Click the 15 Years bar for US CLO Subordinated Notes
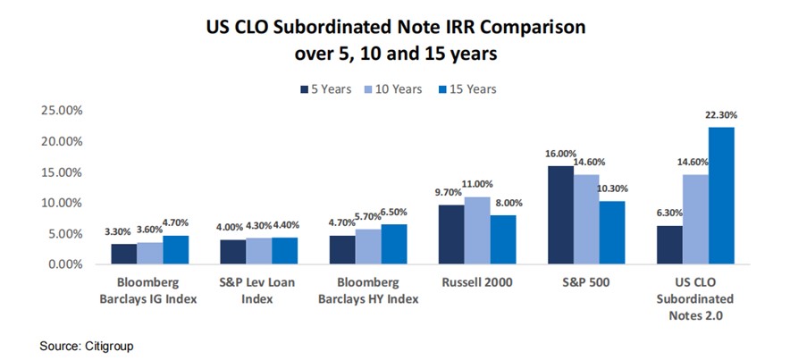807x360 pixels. coord(721,196)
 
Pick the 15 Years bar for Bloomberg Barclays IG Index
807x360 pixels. coord(175,250)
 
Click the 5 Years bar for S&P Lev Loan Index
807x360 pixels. coord(233,252)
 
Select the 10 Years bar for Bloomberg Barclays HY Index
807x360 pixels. coord(367,247)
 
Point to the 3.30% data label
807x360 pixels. coord(123,232)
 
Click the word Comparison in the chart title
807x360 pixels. coord(532,28)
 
